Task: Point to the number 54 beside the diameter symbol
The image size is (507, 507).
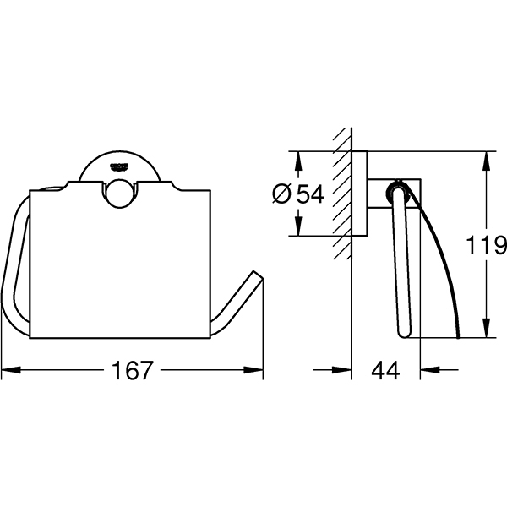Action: pyautogui.click(x=310, y=194)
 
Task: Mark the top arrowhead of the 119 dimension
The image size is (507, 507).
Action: pyautogui.click(x=484, y=159)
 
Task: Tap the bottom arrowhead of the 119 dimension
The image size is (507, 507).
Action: pyautogui.click(x=484, y=332)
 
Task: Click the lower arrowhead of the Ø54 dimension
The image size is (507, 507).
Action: pyautogui.click(x=297, y=230)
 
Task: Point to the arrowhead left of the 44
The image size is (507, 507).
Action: pyautogui.click(x=341, y=369)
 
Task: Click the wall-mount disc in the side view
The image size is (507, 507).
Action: pyautogui.click(x=360, y=194)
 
